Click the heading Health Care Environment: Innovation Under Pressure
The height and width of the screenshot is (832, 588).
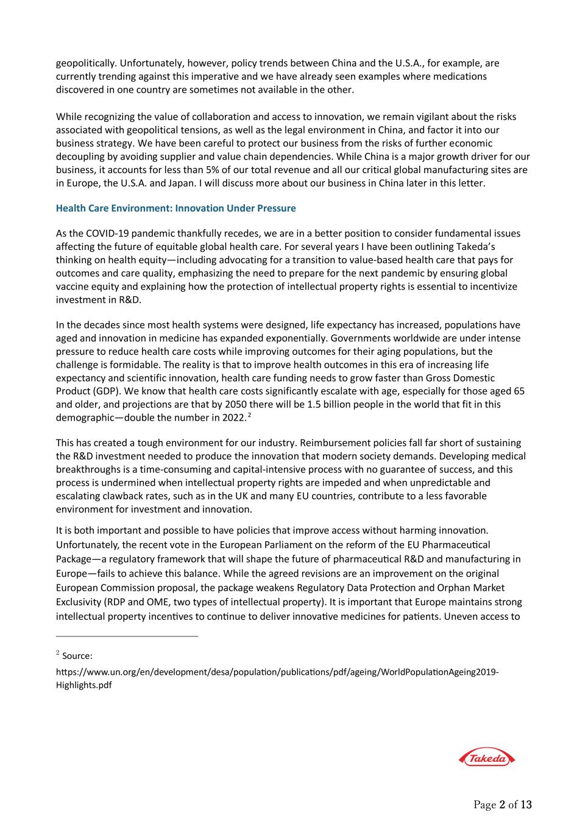175,208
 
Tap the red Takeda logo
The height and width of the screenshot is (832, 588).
486,758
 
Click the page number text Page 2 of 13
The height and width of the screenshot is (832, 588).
503,805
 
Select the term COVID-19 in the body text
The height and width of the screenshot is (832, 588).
107,233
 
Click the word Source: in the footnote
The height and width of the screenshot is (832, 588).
77,656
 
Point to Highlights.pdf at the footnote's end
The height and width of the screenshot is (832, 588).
84,685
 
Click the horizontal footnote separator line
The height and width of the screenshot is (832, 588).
127,636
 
